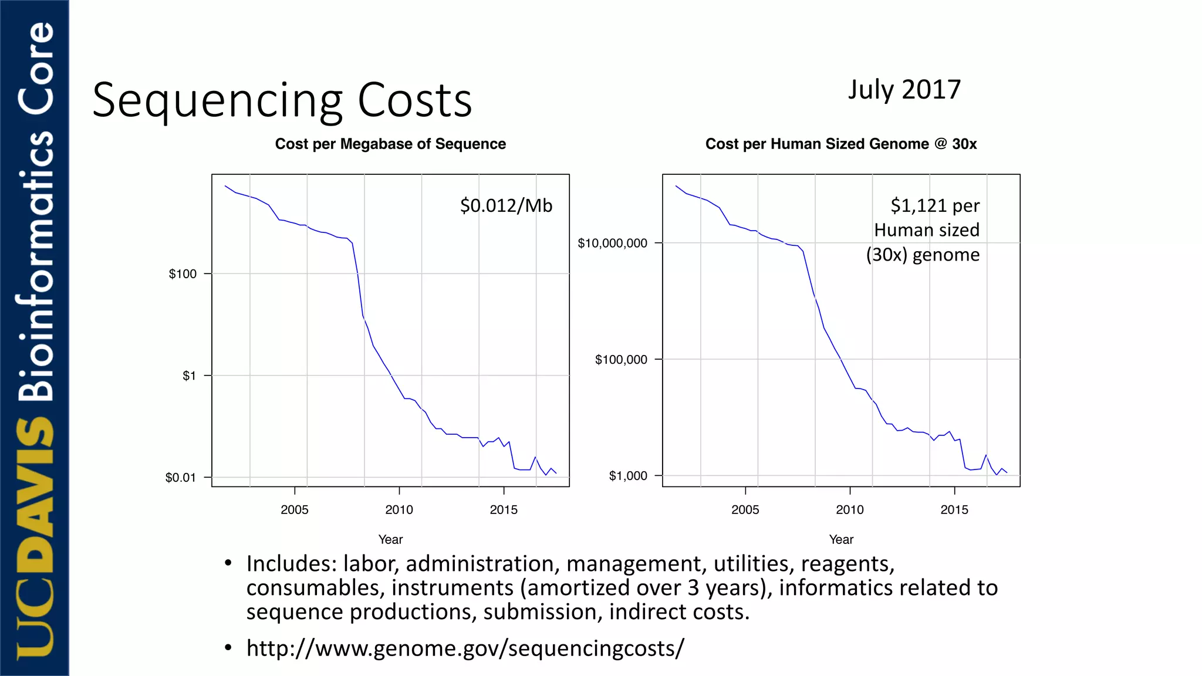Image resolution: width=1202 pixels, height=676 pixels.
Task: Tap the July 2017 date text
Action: pos(904,90)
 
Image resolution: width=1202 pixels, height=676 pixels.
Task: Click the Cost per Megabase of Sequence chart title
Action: pos(390,144)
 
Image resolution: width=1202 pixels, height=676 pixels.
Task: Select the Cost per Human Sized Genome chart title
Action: pos(840,144)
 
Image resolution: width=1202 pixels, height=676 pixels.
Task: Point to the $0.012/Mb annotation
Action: pos(506,205)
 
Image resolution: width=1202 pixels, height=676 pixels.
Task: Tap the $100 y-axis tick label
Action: pos(183,274)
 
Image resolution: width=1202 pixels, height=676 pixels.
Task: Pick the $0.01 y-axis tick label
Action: pos(180,478)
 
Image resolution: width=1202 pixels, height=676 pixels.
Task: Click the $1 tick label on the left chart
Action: pos(189,376)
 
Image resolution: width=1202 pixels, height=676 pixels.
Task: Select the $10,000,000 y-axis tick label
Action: pos(612,243)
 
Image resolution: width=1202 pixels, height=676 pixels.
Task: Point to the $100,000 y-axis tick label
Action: pos(621,360)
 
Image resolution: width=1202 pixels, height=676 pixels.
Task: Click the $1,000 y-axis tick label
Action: pos(627,476)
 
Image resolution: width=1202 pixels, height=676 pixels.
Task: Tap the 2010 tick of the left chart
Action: pos(399,509)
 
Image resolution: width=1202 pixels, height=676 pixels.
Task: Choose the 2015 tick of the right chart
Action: pos(954,509)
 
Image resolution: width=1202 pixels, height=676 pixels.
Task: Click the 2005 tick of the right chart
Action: pos(745,509)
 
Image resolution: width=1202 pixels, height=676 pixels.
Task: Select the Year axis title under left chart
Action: pos(390,539)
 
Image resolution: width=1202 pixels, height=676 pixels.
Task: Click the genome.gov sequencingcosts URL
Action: pos(465,648)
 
